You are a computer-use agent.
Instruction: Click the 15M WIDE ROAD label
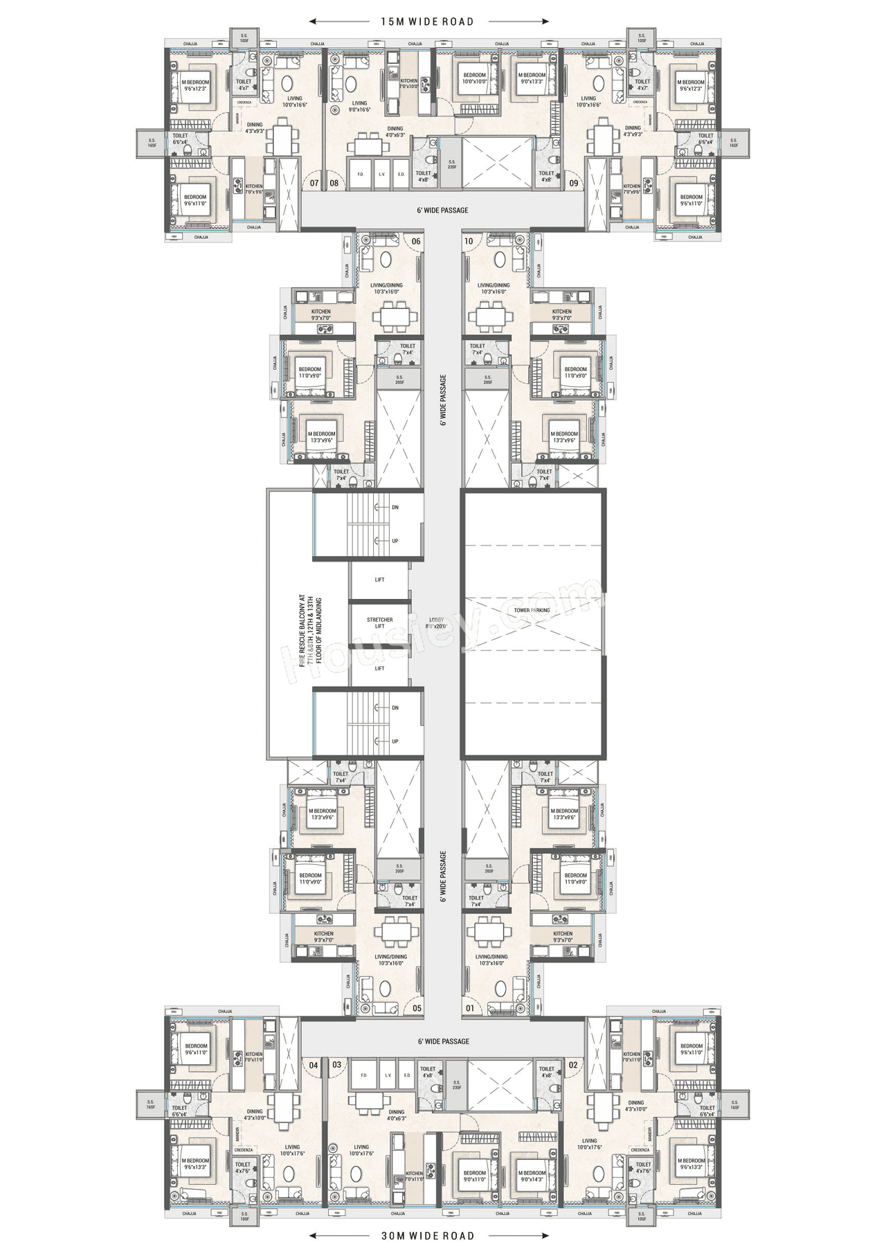[427, 21]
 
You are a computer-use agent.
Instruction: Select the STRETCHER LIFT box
[379, 623]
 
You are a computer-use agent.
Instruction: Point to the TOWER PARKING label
[532, 610]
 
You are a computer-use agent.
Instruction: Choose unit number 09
[574, 183]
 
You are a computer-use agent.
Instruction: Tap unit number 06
[416, 241]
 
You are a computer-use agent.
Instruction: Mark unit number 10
[469, 241]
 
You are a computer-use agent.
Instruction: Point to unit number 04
[314, 1065]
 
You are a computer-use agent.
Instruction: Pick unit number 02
[573, 1065]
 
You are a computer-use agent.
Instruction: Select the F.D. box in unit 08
[361, 174]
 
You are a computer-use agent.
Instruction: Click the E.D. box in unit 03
[407, 1075]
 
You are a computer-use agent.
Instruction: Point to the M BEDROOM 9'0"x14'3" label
[532, 1176]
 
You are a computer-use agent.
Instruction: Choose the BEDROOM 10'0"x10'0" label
[475, 78]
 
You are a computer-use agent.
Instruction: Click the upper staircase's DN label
[395, 508]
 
